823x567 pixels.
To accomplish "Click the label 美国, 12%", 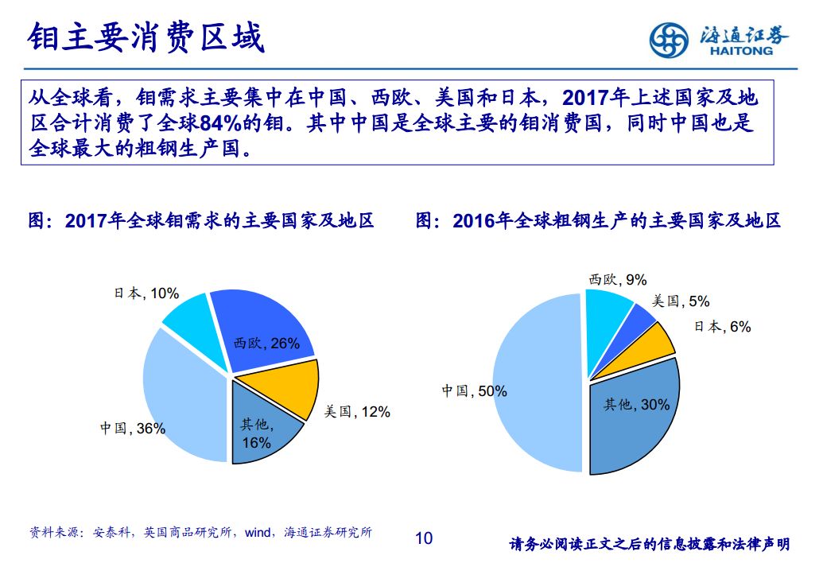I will point(356,412).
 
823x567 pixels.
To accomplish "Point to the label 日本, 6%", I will point(722,326).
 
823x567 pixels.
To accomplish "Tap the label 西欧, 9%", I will point(617,280).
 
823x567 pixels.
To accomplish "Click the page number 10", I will point(424,538).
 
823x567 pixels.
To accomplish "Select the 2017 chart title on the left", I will point(200,220).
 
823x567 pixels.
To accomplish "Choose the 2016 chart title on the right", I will point(599,220).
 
